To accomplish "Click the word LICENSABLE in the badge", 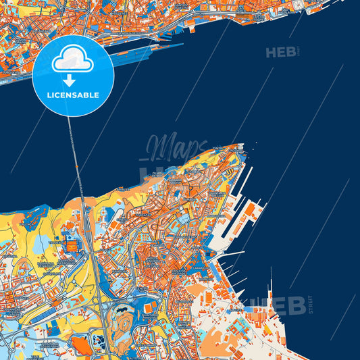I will point(73,95).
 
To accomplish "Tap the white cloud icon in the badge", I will point(73,62).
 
